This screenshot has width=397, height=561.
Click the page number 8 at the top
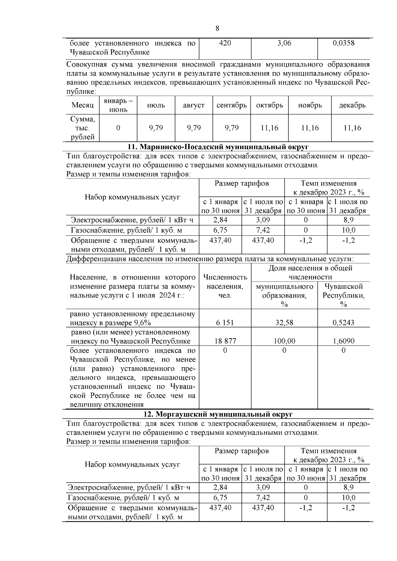pyautogui.click(x=217, y=28)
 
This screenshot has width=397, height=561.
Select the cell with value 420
pyautogui.click(x=225, y=43)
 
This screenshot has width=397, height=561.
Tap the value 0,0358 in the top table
pyautogui.click(x=343, y=43)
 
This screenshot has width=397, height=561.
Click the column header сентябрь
pyautogui.click(x=232, y=105)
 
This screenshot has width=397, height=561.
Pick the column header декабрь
pyautogui.click(x=352, y=105)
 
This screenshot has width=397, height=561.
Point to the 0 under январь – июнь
pyautogui.click(x=118, y=128)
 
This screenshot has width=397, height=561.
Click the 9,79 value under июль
pyautogui.click(x=156, y=128)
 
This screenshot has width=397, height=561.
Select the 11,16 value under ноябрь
pyautogui.click(x=310, y=128)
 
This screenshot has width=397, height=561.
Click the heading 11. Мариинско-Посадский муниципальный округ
pyautogui.click(x=218, y=146)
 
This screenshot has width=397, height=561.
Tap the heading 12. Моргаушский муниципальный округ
pyautogui.click(x=218, y=414)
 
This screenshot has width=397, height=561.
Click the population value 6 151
pyautogui.click(x=225, y=323)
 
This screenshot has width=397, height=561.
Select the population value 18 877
pyautogui.click(x=225, y=341)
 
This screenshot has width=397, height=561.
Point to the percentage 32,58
pyautogui.click(x=284, y=323)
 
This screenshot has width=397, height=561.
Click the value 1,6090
pyautogui.click(x=343, y=341)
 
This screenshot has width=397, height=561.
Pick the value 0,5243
pyautogui.click(x=343, y=323)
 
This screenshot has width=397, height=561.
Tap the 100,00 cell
pyautogui.click(x=284, y=341)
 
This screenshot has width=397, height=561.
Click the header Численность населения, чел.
pyautogui.click(x=225, y=286)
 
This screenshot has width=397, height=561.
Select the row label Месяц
pyautogui.click(x=82, y=105)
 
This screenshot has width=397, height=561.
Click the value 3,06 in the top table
pyautogui.click(x=284, y=43)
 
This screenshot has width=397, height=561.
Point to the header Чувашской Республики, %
pyautogui.click(x=343, y=295)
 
